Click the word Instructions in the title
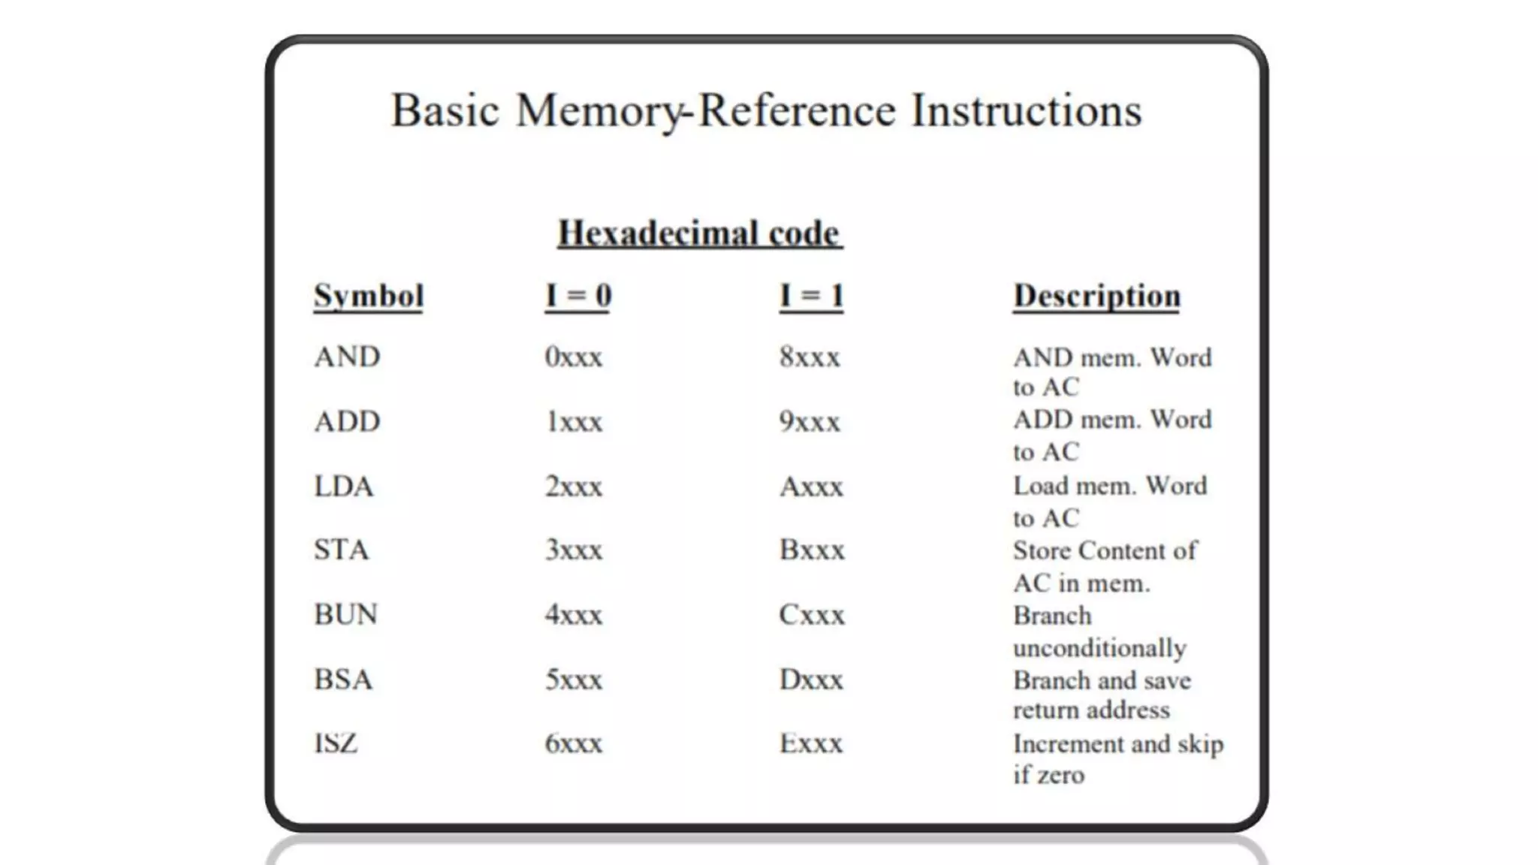tap(1026, 111)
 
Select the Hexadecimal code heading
tap(699, 234)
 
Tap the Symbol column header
tap(369, 296)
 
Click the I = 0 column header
tap(578, 296)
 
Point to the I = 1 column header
tap(811, 296)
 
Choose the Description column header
tap(1096, 296)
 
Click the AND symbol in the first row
tap(347, 357)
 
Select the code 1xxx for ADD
tap(574, 422)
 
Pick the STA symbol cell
tap(342, 550)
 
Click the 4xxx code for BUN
tap(573, 615)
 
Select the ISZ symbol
tap(336, 743)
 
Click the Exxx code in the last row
tap(811, 743)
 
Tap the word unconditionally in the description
tap(1099, 648)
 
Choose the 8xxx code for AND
tap(810, 357)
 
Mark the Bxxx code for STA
tap(812, 550)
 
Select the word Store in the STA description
tap(1042, 550)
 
